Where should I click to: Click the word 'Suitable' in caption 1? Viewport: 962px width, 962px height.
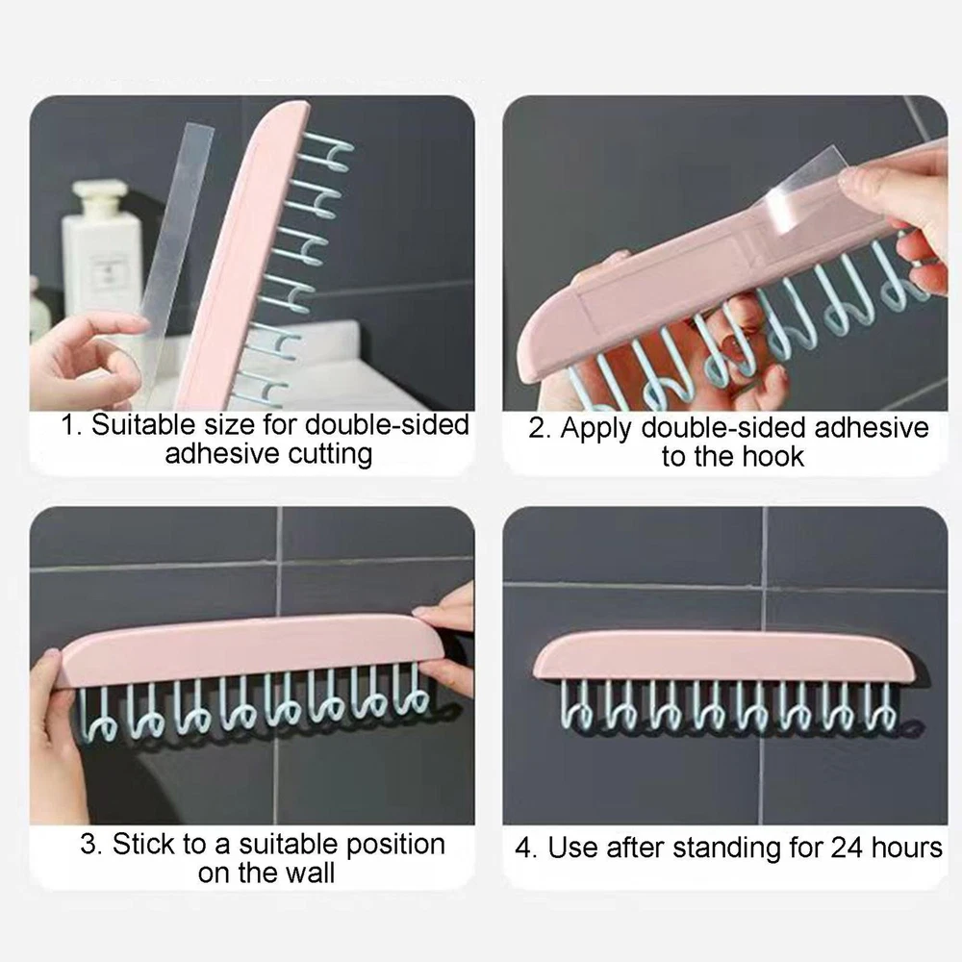[144, 424]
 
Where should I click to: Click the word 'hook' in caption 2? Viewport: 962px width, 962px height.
[772, 456]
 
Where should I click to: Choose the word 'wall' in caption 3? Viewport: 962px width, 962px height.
[309, 873]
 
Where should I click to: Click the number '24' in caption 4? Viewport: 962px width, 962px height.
[848, 848]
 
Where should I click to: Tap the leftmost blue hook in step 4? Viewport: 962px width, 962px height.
[576, 705]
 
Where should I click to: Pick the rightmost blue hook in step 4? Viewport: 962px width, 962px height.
[880, 705]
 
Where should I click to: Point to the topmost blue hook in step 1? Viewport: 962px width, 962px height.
[327, 151]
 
